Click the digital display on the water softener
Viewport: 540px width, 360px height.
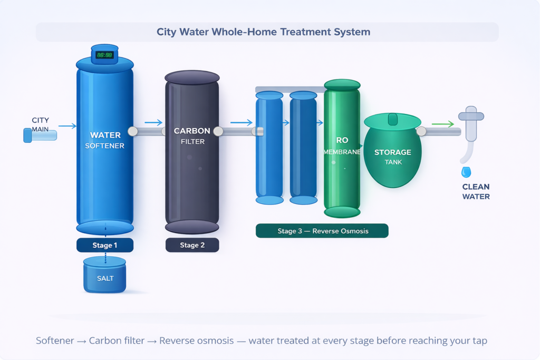[105, 55]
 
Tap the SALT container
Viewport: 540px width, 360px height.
[105, 275]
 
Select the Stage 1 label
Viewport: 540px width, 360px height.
[105, 245]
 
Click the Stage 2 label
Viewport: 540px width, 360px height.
[192, 245]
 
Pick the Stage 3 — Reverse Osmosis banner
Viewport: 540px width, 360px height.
[322, 231]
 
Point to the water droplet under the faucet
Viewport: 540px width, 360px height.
[466, 172]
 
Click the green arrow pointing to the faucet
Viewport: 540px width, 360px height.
[443, 124]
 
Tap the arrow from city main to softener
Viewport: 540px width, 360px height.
[67, 126]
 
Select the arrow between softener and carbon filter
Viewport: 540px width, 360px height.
[153, 122]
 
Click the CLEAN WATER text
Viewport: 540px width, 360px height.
[476, 192]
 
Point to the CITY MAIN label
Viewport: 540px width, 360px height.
[40, 124]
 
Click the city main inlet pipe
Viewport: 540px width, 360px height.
[40, 135]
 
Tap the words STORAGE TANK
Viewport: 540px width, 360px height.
[393, 157]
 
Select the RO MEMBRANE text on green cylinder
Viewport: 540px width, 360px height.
[342, 146]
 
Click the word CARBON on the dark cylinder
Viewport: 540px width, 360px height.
[192, 131]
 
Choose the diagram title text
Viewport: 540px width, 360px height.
[264, 32]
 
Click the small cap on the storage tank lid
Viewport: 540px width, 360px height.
[393, 119]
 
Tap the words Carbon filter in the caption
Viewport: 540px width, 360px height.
[117, 340]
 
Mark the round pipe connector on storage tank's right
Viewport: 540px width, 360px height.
[421, 131]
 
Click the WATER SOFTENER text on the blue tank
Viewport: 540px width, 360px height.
[105, 140]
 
